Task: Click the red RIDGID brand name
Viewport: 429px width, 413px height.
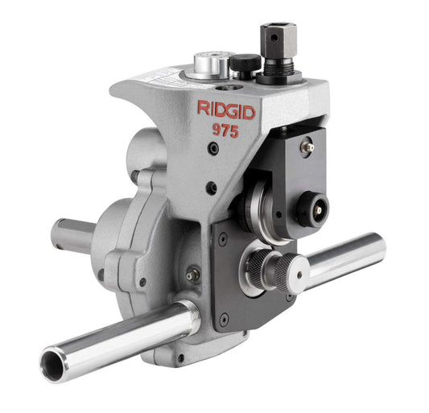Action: [x=227, y=111]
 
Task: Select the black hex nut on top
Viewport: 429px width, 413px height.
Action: [x=278, y=40]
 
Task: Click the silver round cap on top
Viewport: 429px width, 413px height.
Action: [x=204, y=64]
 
